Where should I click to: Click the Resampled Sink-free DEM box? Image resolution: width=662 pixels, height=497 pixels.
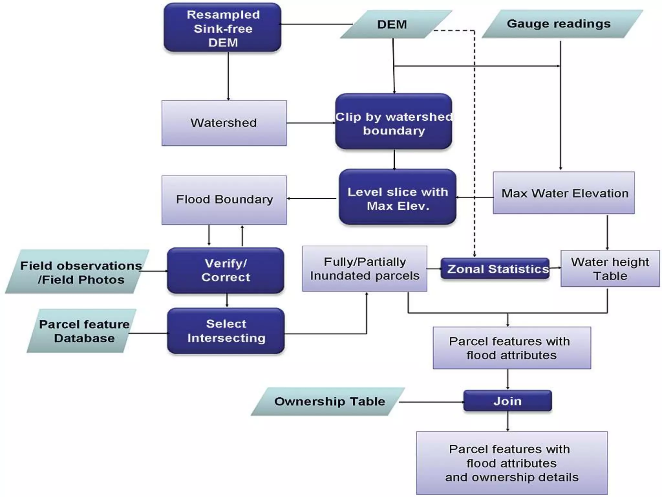pyautogui.click(x=222, y=28)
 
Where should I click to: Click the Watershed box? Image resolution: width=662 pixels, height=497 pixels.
pyautogui.click(x=224, y=123)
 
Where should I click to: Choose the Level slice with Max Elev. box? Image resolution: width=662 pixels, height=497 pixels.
pyautogui.click(x=398, y=197)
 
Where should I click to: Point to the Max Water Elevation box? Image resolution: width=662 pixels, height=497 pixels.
pyautogui.click(x=563, y=193)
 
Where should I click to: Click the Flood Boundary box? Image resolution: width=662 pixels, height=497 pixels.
pyautogui.click(x=224, y=200)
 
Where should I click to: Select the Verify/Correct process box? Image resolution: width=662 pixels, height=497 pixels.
pyautogui.click(x=226, y=271)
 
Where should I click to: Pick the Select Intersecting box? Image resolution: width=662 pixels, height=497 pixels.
pyautogui.click(x=226, y=331)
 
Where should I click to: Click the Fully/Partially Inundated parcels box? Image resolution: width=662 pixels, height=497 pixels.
pyautogui.click(x=364, y=269)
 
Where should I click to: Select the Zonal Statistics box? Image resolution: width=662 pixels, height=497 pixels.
pyautogui.click(x=495, y=269)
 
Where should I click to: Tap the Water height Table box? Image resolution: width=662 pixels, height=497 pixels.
pyautogui.click(x=610, y=269)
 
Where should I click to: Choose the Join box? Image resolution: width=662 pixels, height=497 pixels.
pyautogui.click(x=507, y=401)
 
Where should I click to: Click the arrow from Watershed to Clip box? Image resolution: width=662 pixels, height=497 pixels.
pyautogui.click(x=310, y=123)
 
